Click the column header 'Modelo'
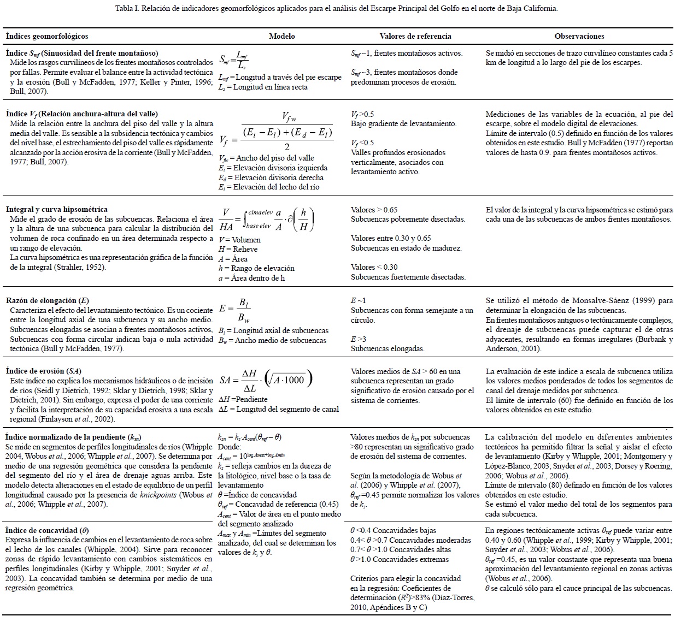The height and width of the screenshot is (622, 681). (282, 36)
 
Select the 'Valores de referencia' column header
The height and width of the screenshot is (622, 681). (415, 36)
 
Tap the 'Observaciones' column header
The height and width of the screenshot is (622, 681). (579, 36)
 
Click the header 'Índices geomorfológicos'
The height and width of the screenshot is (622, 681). (47, 36)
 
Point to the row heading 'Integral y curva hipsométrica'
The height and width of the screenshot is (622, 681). (57, 209)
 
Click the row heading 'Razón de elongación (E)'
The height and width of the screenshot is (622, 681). (48, 300)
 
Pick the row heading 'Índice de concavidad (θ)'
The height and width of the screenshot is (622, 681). (48, 530)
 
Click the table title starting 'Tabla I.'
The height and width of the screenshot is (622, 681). (337, 9)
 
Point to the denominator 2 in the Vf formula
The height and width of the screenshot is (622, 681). (286, 146)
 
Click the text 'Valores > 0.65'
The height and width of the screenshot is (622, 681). (374, 210)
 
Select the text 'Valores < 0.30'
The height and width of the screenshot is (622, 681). (374, 267)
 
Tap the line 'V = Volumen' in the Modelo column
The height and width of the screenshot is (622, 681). (239, 240)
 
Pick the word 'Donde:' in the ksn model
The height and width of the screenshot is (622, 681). (229, 447)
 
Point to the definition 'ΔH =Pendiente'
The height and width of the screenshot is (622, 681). (243, 399)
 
